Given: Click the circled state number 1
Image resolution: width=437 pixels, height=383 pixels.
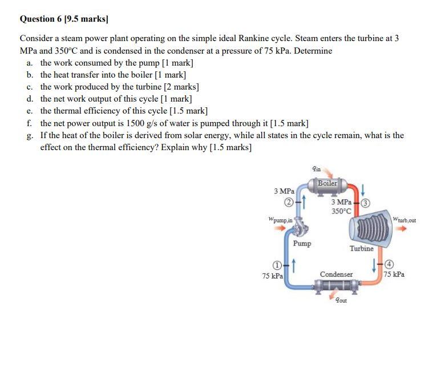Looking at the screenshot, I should pyautogui.click(x=277, y=265).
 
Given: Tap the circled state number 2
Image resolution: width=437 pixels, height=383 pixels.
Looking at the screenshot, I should pyautogui.click(x=290, y=202).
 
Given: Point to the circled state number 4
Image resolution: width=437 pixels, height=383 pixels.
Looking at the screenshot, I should pyautogui.click(x=390, y=264).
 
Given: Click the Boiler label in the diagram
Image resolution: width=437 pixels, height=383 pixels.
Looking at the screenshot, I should pyautogui.click(x=327, y=183).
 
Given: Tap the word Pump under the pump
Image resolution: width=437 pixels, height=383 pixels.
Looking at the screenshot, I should pyautogui.click(x=302, y=244).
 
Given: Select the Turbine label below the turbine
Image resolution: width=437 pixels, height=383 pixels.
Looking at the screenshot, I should pyautogui.click(x=362, y=248).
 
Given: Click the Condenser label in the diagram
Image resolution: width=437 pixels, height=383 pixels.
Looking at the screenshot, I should pyautogui.click(x=336, y=275).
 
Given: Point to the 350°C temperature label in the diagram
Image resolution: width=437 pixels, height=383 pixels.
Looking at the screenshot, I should pyautogui.click(x=341, y=211).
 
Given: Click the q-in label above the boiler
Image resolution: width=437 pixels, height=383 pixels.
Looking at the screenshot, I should pyautogui.click(x=317, y=168).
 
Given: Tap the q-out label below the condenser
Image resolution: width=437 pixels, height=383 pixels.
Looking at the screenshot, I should pyautogui.click(x=341, y=300).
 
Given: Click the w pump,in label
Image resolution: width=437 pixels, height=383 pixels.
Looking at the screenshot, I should pyautogui.click(x=280, y=219).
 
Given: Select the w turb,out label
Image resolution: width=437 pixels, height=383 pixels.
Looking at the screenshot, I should pyautogui.click(x=404, y=220).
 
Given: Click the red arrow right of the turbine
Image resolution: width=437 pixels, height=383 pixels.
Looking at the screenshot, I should pyautogui.click(x=403, y=229).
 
